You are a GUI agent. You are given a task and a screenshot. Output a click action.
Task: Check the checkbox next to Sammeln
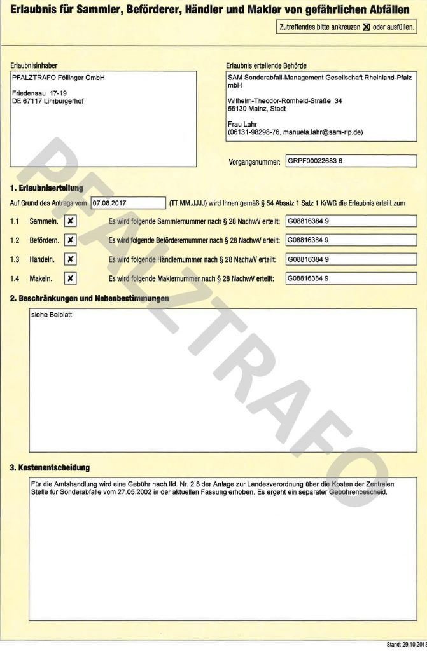click(x=71, y=221)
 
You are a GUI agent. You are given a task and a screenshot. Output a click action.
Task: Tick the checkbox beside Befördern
click(x=71, y=240)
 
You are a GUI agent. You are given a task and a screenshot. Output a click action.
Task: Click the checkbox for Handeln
click(x=71, y=259)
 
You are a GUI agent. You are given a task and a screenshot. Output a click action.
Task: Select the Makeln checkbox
click(x=71, y=278)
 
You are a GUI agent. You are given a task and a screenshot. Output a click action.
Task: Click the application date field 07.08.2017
click(x=129, y=203)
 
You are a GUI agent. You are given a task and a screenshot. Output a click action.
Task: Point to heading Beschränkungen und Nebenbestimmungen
click(x=89, y=298)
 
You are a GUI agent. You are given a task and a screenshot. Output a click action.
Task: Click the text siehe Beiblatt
click(x=49, y=314)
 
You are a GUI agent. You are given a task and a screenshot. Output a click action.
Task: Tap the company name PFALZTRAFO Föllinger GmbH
click(x=59, y=78)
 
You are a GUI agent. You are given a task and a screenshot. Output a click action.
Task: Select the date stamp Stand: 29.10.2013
click(x=405, y=645)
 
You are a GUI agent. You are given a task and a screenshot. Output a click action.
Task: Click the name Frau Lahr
click(x=241, y=125)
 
